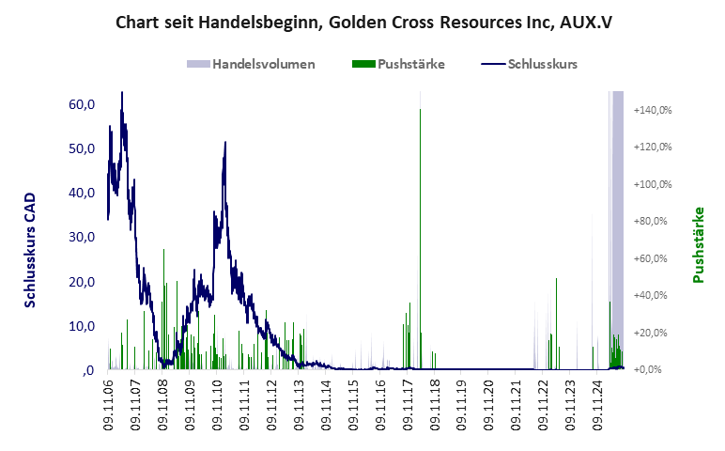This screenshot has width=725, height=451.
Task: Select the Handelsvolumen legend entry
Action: tap(263, 64)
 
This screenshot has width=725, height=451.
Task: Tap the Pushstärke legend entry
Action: tap(410, 64)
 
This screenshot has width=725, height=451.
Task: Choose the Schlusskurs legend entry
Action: tap(542, 64)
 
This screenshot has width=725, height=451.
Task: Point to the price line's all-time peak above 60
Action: tap(121, 94)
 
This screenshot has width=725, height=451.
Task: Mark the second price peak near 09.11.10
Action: tap(225, 143)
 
